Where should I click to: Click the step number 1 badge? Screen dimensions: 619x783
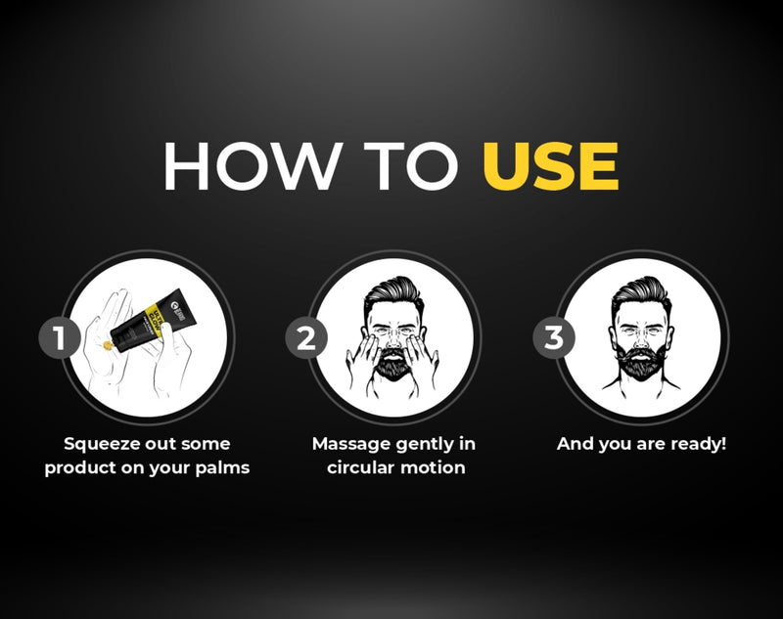59,338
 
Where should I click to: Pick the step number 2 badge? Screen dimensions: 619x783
305,338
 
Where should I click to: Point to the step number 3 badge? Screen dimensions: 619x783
554,338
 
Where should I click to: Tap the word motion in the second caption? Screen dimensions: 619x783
438,467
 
